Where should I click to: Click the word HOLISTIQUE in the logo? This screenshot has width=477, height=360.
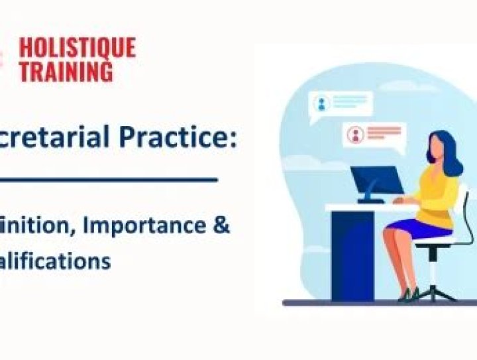pos(77,48)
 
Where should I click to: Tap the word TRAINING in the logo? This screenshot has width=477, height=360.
pos(66,71)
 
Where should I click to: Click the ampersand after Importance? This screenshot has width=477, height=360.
pos(222,225)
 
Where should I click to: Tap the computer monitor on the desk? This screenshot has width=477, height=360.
pos(376,180)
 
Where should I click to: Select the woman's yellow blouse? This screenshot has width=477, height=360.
pos(438,198)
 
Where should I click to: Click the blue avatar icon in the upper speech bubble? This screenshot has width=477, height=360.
pos(323,103)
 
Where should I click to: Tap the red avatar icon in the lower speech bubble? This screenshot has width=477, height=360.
pos(356,135)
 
